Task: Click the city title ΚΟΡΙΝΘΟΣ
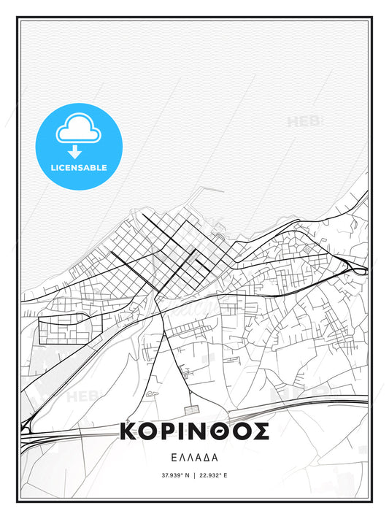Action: [194, 431]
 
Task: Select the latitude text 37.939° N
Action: [175, 476]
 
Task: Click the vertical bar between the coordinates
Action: [195, 476]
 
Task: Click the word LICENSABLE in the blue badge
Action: [78, 167]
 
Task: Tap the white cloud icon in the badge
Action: [75, 130]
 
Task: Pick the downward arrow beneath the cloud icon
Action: [75, 152]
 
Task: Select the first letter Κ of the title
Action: [130, 431]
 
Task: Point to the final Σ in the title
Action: [261, 431]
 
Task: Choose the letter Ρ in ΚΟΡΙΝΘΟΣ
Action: [172, 431]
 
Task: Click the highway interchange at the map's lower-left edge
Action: [27, 427]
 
